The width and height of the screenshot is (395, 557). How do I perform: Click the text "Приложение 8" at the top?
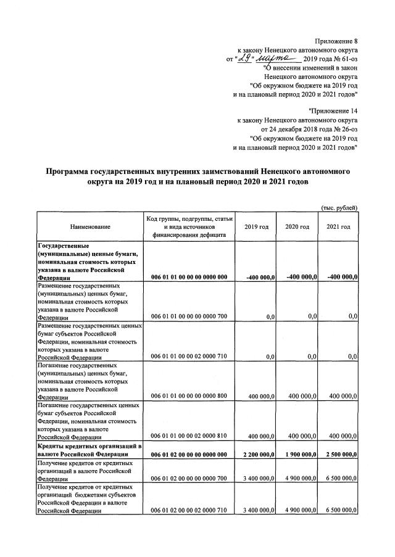pyautogui.click(x=336, y=41)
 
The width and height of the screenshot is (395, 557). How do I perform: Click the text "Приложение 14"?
pyautogui.click(x=334, y=111)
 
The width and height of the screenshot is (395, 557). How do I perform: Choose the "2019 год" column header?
pyautogui.click(x=256, y=227)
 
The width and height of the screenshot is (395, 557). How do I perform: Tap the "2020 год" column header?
pyautogui.click(x=297, y=227)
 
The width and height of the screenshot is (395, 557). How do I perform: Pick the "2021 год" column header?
pyautogui.click(x=338, y=227)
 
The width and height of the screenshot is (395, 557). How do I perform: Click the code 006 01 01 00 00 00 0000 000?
pyautogui.click(x=189, y=278)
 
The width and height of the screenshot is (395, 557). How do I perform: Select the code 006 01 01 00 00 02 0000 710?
pyautogui.click(x=189, y=357)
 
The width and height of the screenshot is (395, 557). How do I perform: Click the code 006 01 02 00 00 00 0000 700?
pyautogui.click(x=189, y=477)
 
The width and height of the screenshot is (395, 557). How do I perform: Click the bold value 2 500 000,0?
pyautogui.click(x=338, y=455)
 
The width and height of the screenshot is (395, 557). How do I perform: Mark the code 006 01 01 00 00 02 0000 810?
pyautogui.click(x=189, y=435)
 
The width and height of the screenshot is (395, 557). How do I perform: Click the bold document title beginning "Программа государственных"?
pyautogui.click(x=197, y=177)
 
